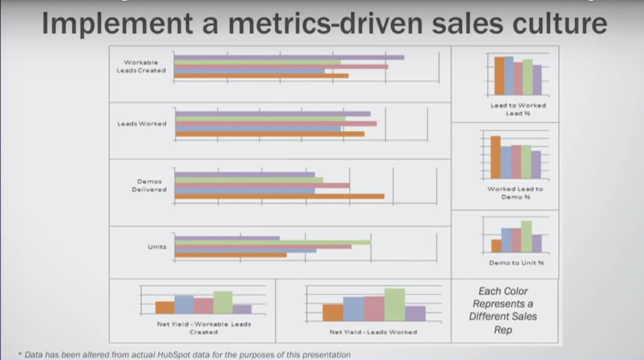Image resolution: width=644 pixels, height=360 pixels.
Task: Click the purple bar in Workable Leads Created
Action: point(289,58)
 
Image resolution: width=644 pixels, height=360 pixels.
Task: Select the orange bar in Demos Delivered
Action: point(279,197)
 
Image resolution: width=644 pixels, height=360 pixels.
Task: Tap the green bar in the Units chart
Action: point(272,242)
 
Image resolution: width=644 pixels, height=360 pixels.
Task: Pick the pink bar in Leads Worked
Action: point(276,124)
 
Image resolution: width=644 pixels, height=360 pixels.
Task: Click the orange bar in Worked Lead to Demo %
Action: point(495,157)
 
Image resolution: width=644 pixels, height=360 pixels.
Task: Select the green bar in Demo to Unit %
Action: point(526,236)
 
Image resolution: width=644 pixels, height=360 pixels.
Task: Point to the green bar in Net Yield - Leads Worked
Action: point(394,304)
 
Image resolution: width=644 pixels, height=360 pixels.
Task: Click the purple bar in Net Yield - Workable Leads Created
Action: point(242,309)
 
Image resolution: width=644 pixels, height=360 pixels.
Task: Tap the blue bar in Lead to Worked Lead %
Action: point(508,76)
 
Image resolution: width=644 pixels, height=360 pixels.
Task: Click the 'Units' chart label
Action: point(157,247)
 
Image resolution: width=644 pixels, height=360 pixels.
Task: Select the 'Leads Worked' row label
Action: point(142,124)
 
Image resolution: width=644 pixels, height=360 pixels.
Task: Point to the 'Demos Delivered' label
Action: point(149,186)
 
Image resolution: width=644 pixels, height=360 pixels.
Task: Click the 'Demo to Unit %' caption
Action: point(516,263)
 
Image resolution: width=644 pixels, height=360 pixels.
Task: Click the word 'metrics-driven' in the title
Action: point(325,23)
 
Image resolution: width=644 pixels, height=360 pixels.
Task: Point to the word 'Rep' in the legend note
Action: point(503,330)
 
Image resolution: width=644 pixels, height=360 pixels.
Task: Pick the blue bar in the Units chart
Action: point(246,250)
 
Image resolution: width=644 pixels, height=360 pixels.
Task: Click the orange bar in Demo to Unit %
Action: point(496,246)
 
